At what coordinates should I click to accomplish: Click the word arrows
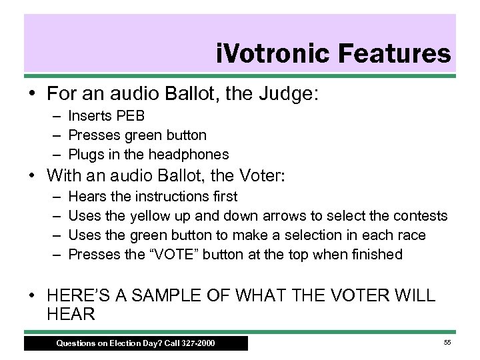click(286, 217)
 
